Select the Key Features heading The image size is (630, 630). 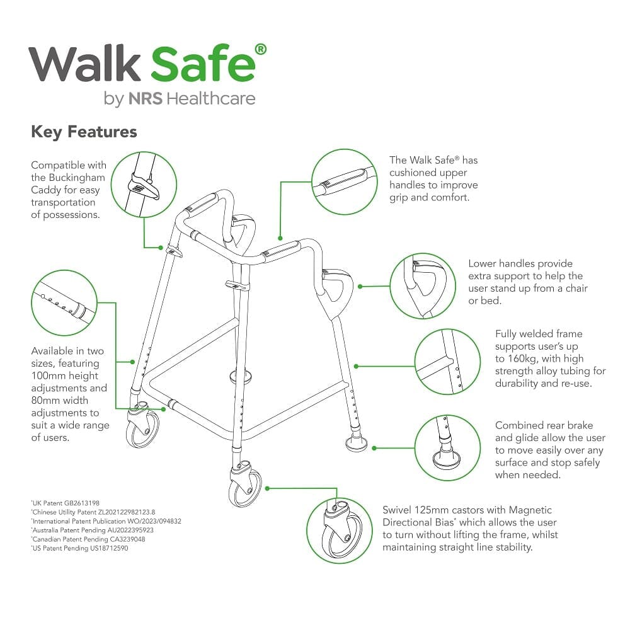[x=84, y=132]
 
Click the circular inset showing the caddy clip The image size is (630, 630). [x=144, y=185]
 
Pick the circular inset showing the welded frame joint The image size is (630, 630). [x=448, y=362]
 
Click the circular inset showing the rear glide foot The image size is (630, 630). [x=448, y=448]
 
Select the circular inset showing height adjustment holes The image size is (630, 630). [x=64, y=302]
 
